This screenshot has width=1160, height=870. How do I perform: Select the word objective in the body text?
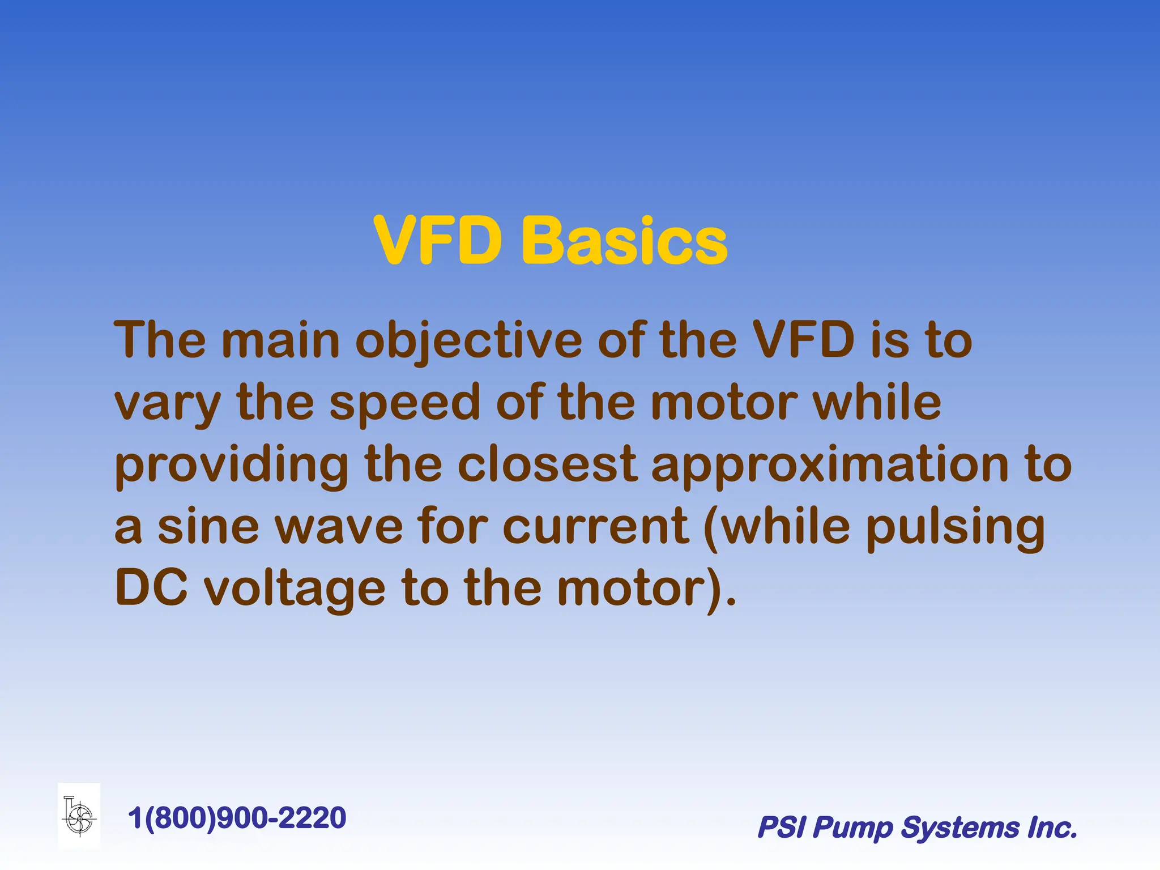(x=468, y=342)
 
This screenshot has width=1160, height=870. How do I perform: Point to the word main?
(x=280, y=340)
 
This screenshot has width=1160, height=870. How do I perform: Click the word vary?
(x=168, y=404)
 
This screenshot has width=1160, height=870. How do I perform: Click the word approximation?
(x=830, y=466)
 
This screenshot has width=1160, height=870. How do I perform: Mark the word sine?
(x=208, y=527)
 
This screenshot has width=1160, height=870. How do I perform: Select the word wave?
(x=339, y=527)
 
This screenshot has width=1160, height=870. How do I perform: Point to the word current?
(x=595, y=527)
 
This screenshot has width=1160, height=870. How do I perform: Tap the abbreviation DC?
(x=151, y=588)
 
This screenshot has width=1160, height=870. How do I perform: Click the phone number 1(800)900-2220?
(x=237, y=818)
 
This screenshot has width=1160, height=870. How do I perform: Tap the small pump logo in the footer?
(x=79, y=816)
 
